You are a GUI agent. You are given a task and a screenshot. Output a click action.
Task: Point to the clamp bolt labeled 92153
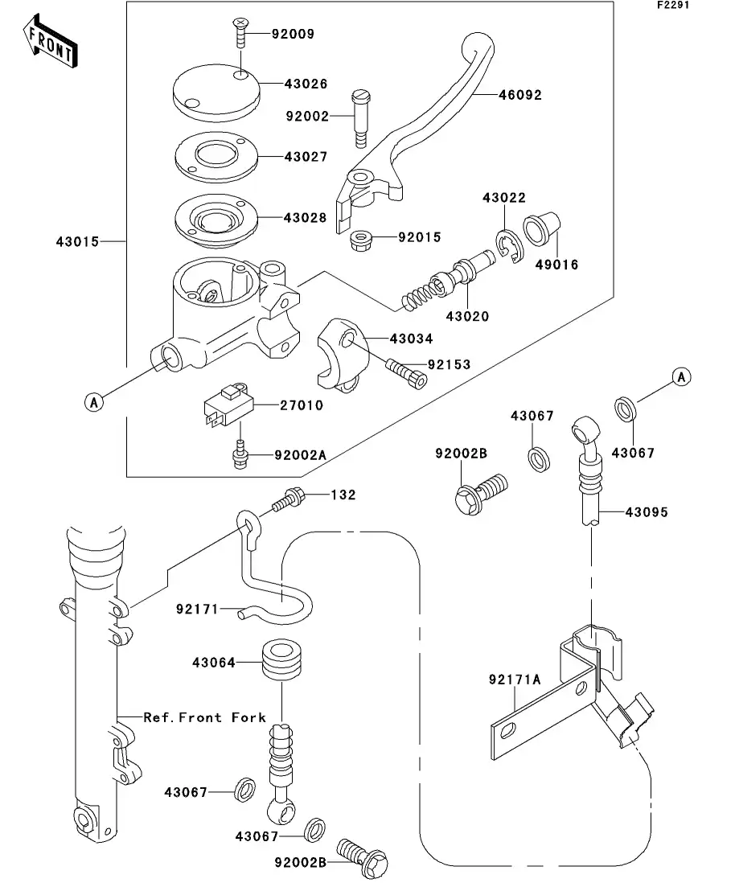(407, 372)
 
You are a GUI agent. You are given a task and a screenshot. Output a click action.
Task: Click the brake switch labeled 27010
(227, 407)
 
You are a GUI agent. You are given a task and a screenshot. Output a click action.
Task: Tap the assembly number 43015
(78, 241)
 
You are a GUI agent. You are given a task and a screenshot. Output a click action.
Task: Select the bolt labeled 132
(288, 501)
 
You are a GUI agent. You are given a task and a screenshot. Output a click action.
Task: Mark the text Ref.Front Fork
(204, 717)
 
